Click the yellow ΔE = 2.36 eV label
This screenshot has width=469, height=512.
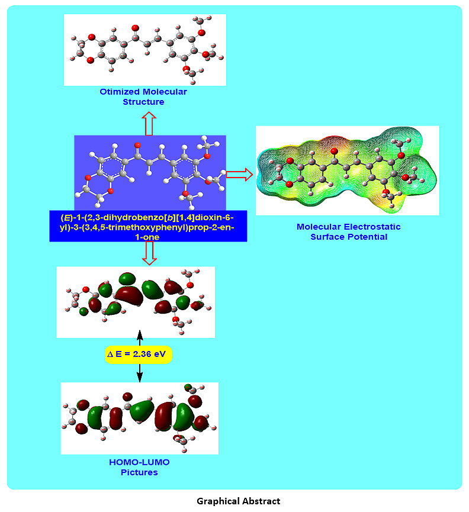(x=139, y=355)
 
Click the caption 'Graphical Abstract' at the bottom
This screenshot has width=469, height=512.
(x=239, y=501)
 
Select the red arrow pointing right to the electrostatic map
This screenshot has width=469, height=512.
(x=239, y=174)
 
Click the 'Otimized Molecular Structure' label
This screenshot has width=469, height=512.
(x=143, y=96)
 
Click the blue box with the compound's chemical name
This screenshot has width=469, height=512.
(x=148, y=226)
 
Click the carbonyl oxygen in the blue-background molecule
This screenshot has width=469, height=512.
(x=137, y=145)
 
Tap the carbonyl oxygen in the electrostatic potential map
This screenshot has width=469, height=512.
(x=334, y=152)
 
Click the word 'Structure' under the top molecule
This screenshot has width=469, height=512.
(x=143, y=102)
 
